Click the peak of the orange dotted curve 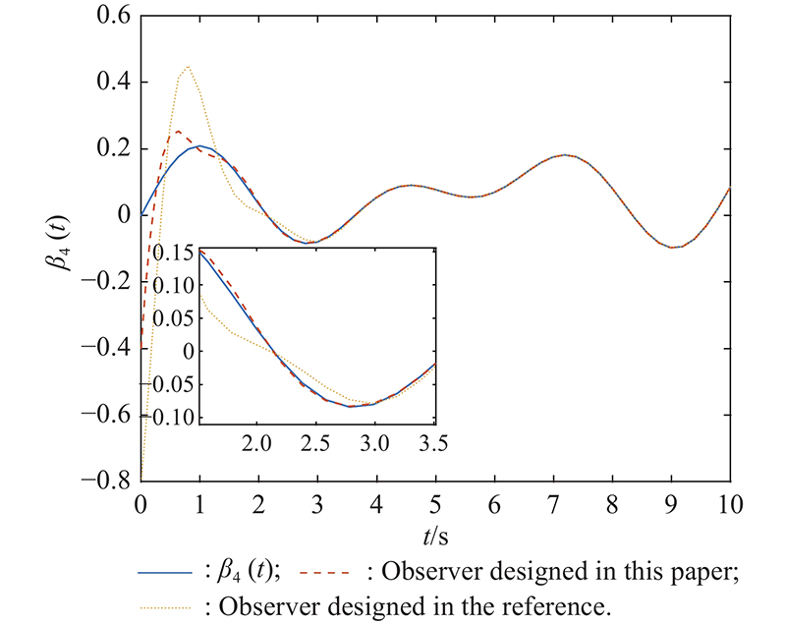click(x=187, y=67)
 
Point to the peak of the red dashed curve click(x=178, y=131)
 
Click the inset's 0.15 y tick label click(x=176, y=253)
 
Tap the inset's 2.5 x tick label click(x=315, y=444)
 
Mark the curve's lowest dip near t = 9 click(x=672, y=248)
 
